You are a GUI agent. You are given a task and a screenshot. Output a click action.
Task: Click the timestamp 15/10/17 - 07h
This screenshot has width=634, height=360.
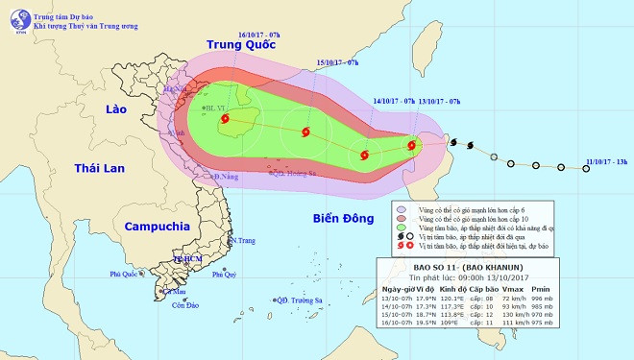click(x=337, y=62)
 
